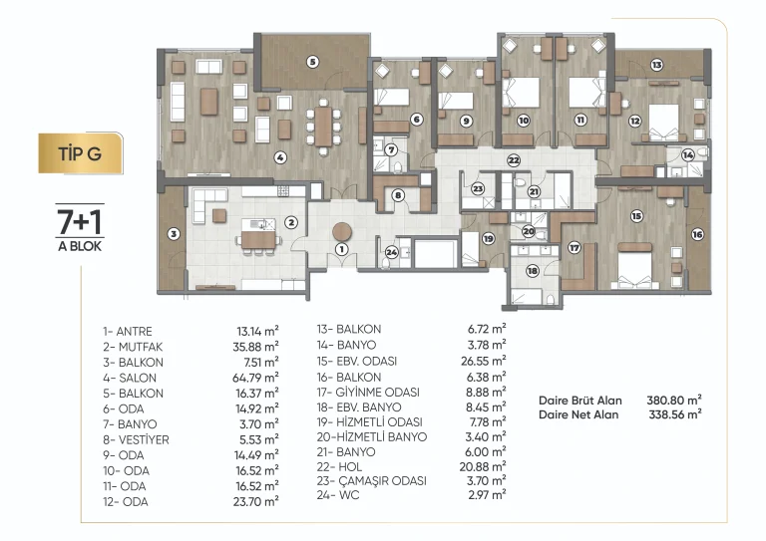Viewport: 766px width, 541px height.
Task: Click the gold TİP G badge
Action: pos(80,153)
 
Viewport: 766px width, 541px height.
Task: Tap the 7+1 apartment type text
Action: pos(80,222)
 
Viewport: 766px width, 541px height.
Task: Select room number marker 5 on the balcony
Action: pos(312,62)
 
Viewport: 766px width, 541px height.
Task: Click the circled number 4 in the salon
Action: pos(280,157)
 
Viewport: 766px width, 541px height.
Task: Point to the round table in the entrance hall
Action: pos(342,233)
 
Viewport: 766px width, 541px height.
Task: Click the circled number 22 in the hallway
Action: pos(514,160)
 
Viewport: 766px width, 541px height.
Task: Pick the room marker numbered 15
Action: pos(636,216)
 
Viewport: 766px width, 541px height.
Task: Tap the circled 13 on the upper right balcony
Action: pos(656,65)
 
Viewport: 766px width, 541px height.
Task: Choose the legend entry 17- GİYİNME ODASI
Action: pos(368,393)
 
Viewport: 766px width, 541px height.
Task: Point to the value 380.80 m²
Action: pos(674,400)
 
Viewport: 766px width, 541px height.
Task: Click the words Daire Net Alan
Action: pos(578,414)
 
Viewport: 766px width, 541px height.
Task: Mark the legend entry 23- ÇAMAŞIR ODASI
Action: pos(371,480)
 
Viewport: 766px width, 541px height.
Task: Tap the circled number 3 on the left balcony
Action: pos(174,234)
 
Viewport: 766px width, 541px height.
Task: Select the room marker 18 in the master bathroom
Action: pos(532,271)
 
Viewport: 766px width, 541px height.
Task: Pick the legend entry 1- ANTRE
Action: pos(128,331)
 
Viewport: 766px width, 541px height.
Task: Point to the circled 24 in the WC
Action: pos(391,252)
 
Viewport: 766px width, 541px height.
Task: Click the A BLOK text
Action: pos(80,246)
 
